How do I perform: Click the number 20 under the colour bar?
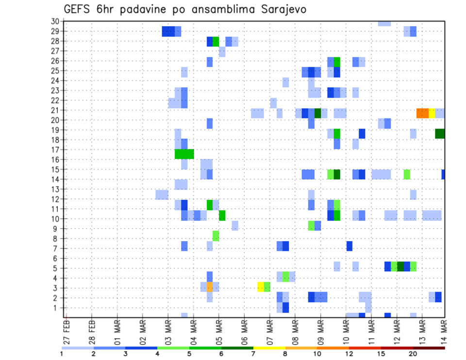coord(413,354)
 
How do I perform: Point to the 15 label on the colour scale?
coord(381,354)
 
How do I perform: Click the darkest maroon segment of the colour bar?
coord(429,348)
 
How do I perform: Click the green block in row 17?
coord(184,154)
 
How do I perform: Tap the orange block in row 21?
coord(422,113)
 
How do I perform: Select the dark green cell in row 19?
coord(440,133)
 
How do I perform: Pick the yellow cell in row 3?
coord(261,287)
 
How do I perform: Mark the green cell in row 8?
coord(216,236)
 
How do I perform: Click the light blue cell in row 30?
coord(384,23)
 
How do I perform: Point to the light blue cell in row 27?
coord(222,51)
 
